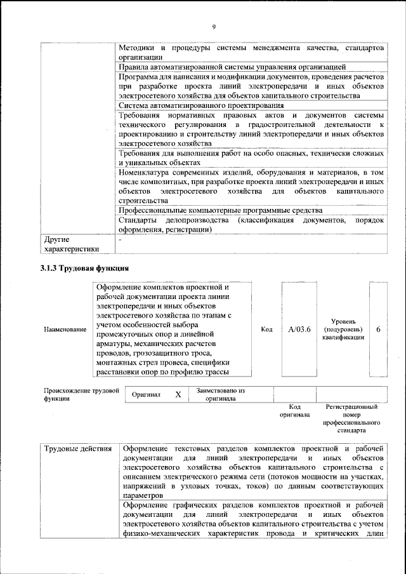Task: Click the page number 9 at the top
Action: (214, 26)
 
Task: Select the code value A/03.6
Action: (299, 330)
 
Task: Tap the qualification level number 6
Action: (378, 330)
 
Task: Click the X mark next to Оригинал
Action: (178, 394)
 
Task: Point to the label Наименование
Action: (65, 330)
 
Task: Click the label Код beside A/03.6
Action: (266, 330)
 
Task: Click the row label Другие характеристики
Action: (72, 244)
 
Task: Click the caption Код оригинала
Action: (294, 410)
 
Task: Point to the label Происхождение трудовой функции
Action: (81, 394)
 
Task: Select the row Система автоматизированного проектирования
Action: (200, 105)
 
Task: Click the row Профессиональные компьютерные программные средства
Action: (220, 210)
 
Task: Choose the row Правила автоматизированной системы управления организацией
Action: (232, 66)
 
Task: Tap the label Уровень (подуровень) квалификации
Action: (343, 330)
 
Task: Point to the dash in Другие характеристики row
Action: (120, 239)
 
